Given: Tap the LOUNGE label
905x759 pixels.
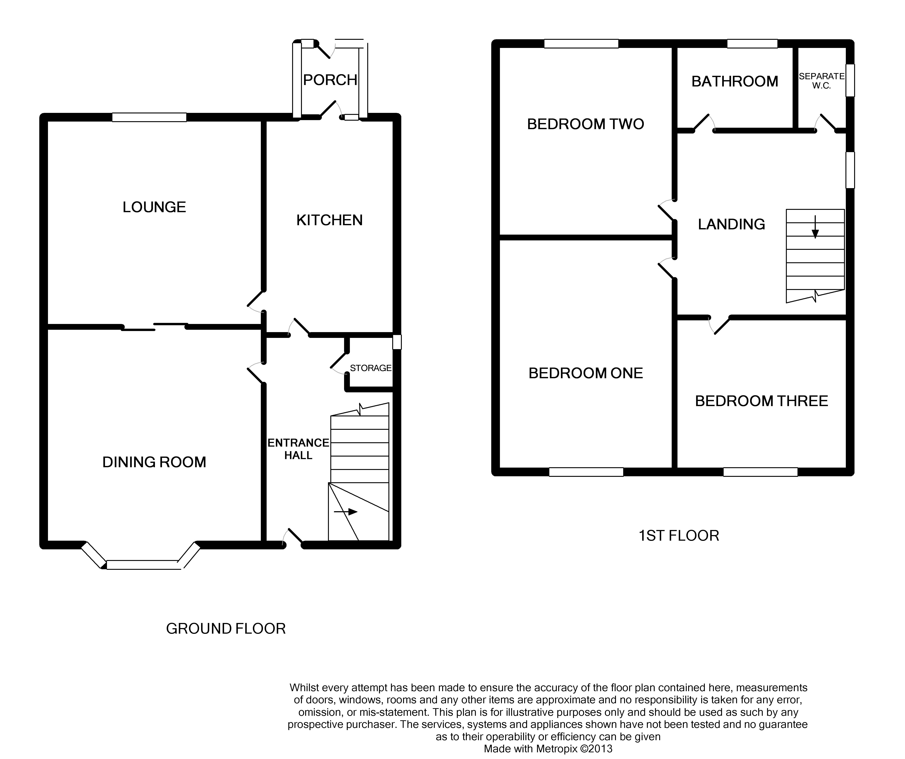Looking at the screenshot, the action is click(x=154, y=207).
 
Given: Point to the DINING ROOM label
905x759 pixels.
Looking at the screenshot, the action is click(x=154, y=462).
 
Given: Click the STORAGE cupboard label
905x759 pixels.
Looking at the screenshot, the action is click(x=371, y=368).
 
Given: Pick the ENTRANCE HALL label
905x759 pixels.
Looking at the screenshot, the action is click(x=298, y=449).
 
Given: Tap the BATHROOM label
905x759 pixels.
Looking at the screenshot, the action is click(x=735, y=81).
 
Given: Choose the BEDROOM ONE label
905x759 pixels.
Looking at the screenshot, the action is click(x=586, y=373).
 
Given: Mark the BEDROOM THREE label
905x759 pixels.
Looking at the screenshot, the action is click(x=761, y=401).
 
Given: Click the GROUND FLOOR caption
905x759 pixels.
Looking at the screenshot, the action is click(x=226, y=629).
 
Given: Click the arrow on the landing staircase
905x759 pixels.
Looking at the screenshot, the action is click(x=815, y=226).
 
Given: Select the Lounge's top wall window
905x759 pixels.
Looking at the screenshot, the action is click(x=150, y=117).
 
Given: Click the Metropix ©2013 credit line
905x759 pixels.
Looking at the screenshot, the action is click(x=548, y=749).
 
